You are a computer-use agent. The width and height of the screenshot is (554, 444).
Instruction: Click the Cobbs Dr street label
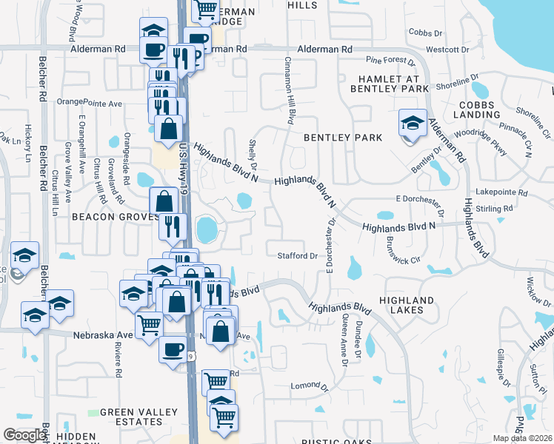424,33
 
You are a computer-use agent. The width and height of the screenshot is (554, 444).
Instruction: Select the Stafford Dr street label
297,256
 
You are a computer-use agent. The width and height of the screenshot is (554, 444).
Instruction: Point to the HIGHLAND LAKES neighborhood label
406,305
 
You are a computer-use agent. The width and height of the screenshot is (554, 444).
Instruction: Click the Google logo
24,435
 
